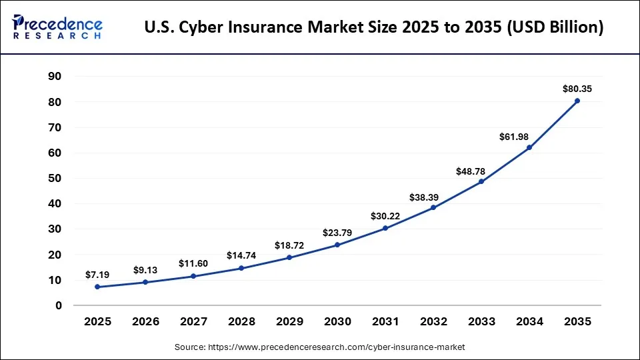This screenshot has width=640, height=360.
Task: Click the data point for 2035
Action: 577,101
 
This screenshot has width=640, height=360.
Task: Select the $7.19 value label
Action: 98,275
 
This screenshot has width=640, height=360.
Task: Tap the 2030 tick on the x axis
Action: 337,321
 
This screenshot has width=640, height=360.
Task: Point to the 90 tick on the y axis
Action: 55,77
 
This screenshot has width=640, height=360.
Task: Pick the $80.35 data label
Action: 577,89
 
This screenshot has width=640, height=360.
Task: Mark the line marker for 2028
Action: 241,268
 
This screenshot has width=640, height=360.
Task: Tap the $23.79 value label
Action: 337,233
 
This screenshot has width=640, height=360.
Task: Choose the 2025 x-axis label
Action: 97,321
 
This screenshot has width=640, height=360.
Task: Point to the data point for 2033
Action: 481,181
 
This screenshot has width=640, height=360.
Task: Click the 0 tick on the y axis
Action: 59,305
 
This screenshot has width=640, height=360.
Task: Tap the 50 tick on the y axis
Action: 55,179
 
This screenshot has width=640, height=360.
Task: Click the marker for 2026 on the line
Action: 145,282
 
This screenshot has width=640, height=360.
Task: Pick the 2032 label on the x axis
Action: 433,321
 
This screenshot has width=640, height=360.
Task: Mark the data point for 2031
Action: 385,228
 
